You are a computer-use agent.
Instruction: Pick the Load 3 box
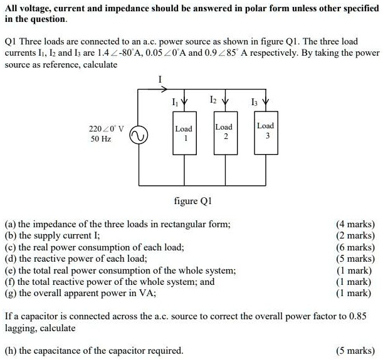click(265, 131)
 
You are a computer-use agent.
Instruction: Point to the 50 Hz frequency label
click(101, 140)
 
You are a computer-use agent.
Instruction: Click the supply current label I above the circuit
click(161, 80)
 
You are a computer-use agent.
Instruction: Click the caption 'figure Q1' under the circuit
click(194, 201)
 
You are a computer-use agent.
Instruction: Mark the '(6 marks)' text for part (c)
click(355, 247)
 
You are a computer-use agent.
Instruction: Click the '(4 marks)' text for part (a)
click(355, 224)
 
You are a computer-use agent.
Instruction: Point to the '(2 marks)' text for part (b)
click(355, 235)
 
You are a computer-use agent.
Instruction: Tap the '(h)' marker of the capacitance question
click(11, 351)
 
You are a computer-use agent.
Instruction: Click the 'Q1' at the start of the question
click(11, 41)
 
